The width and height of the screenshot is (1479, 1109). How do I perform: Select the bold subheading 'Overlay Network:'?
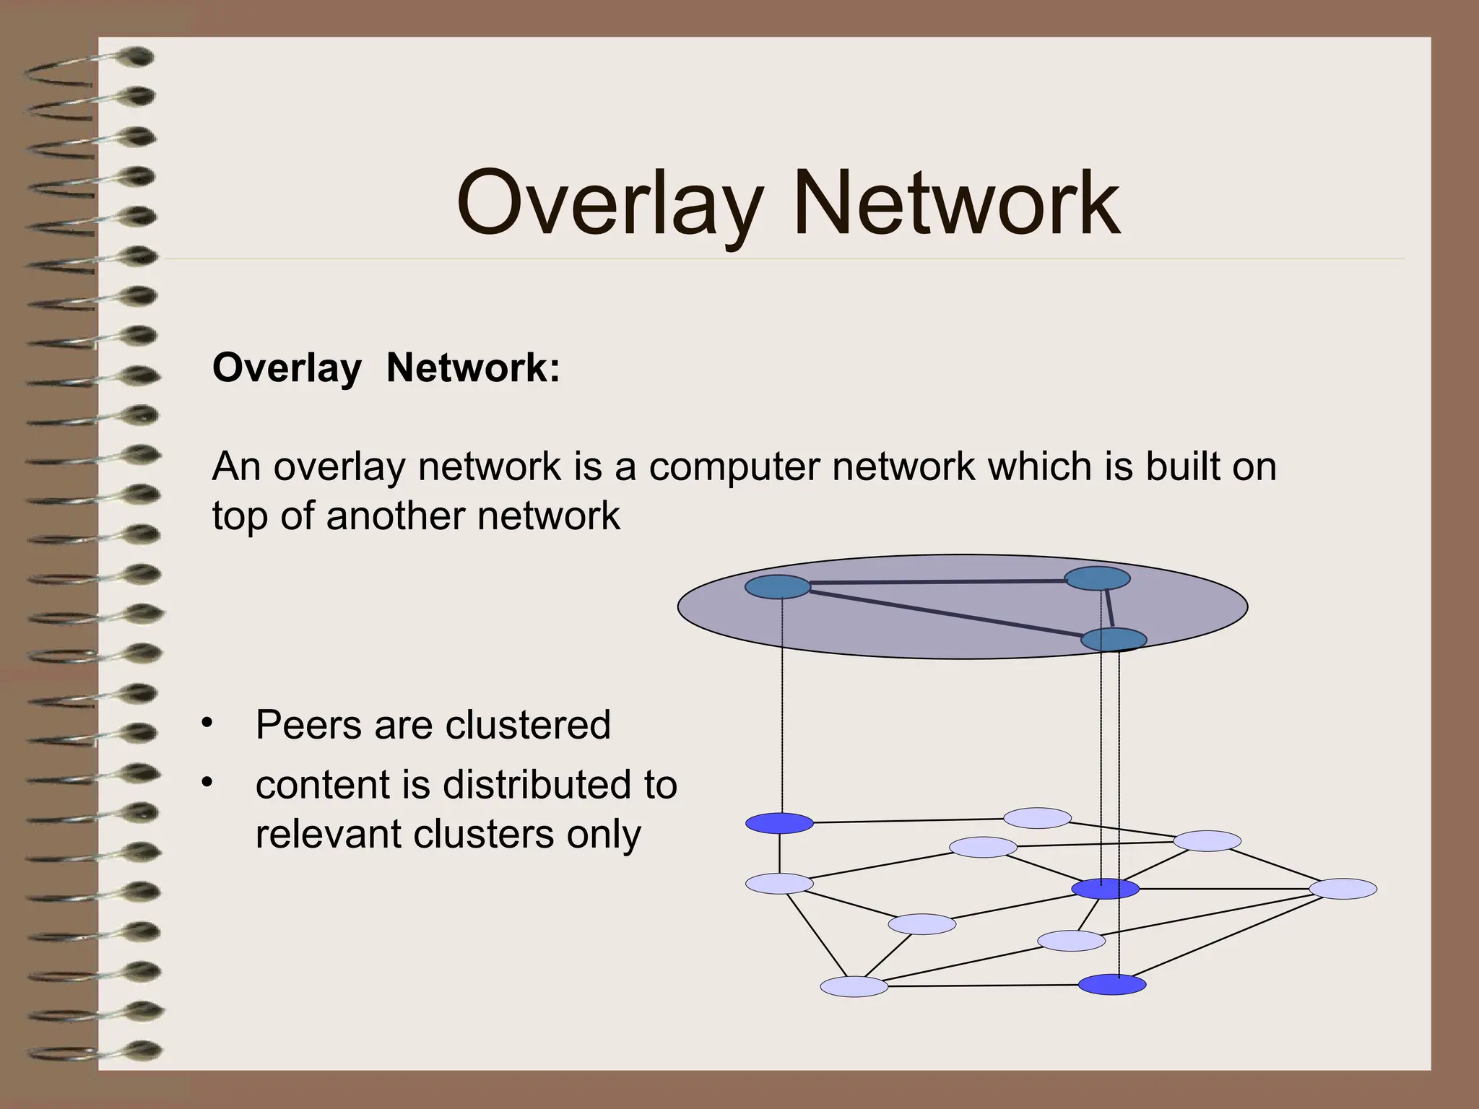pyautogui.click(x=386, y=368)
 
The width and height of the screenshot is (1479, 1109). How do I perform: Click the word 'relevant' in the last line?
pyautogui.click(x=328, y=835)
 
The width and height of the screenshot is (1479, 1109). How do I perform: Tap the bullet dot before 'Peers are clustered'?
pyautogui.click(x=208, y=723)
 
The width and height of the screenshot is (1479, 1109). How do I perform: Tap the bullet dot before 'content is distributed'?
pyautogui.click(x=208, y=783)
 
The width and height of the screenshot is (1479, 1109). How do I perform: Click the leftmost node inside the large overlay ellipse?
pyautogui.click(x=777, y=587)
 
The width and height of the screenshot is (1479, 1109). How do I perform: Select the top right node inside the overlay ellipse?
pyautogui.click(x=1098, y=578)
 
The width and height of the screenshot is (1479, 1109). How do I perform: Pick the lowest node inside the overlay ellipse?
pyautogui.click(x=1114, y=639)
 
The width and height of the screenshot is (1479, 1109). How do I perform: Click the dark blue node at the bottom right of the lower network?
pyautogui.click(x=1112, y=985)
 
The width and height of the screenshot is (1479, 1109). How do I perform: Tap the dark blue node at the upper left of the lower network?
pyautogui.click(x=779, y=823)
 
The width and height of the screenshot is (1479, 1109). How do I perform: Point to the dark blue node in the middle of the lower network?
pyautogui.click(x=1105, y=890)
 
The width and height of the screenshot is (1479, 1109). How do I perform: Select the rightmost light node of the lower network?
pyautogui.click(x=1343, y=889)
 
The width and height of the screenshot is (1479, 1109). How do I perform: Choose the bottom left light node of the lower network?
pyautogui.click(x=854, y=986)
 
